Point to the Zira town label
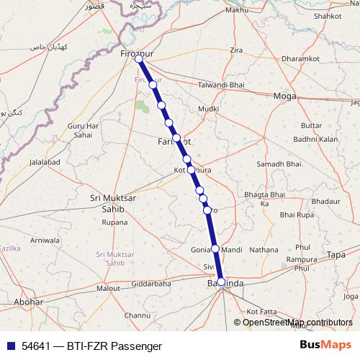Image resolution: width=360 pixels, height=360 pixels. (236, 50)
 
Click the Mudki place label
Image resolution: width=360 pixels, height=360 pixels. (208, 109)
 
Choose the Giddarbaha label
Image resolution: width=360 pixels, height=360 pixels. (151, 284)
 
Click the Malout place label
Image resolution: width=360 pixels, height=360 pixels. (108, 288)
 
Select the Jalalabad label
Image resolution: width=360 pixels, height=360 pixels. (44, 163)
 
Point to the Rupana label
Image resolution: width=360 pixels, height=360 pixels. (114, 222)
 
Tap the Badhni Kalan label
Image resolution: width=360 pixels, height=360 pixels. (315, 139)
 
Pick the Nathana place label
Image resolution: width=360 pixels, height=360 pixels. (264, 250)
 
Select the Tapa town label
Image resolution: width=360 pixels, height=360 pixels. (336, 255)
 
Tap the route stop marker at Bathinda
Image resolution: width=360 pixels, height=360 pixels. (221, 282)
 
